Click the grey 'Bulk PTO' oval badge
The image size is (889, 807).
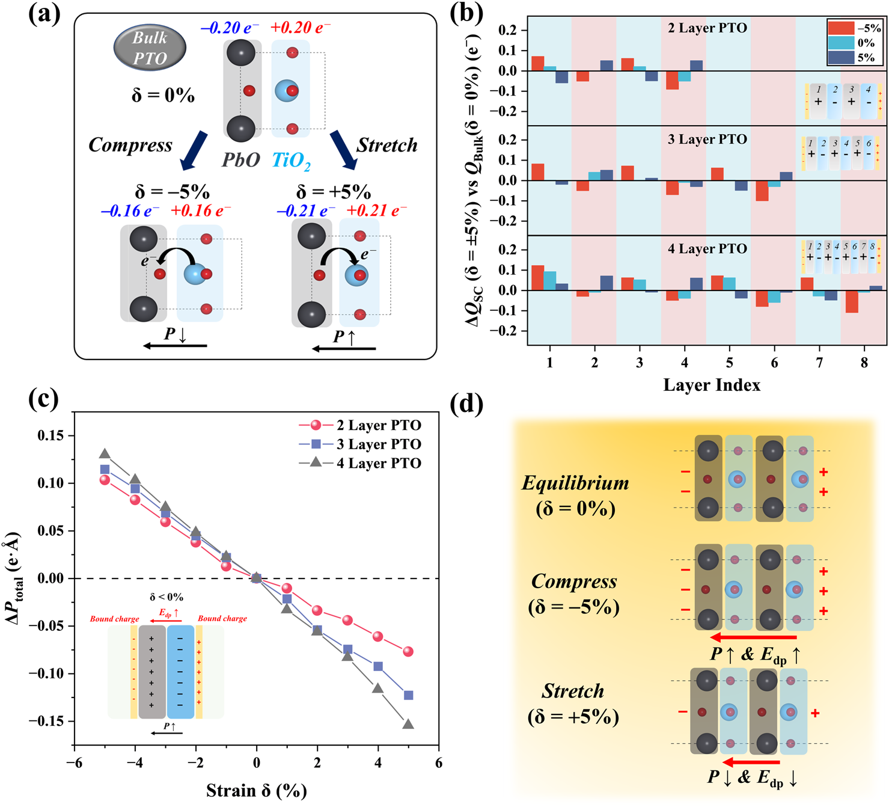click(x=150, y=49)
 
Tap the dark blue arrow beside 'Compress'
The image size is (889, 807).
click(x=194, y=151)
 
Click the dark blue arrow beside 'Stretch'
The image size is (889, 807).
click(x=343, y=150)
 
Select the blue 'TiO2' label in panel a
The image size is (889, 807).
click(x=292, y=160)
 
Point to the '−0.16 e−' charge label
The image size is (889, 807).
click(x=130, y=211)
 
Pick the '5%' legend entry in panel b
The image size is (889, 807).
click(x=854, y=58)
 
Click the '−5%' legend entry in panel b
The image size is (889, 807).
click(x=854, y=28)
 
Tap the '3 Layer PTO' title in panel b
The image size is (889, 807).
click(x=707, y=140)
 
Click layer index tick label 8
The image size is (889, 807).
click(x=864, y=363)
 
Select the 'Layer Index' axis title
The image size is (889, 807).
click(x=712, y=385)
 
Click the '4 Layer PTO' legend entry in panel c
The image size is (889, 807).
click(x=378, y=463)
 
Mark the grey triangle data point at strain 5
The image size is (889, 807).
click(x=408, y=724)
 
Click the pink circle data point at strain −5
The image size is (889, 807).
click(x=105, y=480)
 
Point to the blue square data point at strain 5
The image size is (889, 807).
click(x=408, y=695)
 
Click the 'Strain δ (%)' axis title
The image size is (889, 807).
click(x=256, y=790)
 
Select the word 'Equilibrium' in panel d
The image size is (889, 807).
click(x=575, y=483)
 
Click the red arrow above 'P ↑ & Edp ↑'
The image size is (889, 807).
click(x=753, y=637)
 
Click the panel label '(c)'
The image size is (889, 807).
click(x=44, y=399)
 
